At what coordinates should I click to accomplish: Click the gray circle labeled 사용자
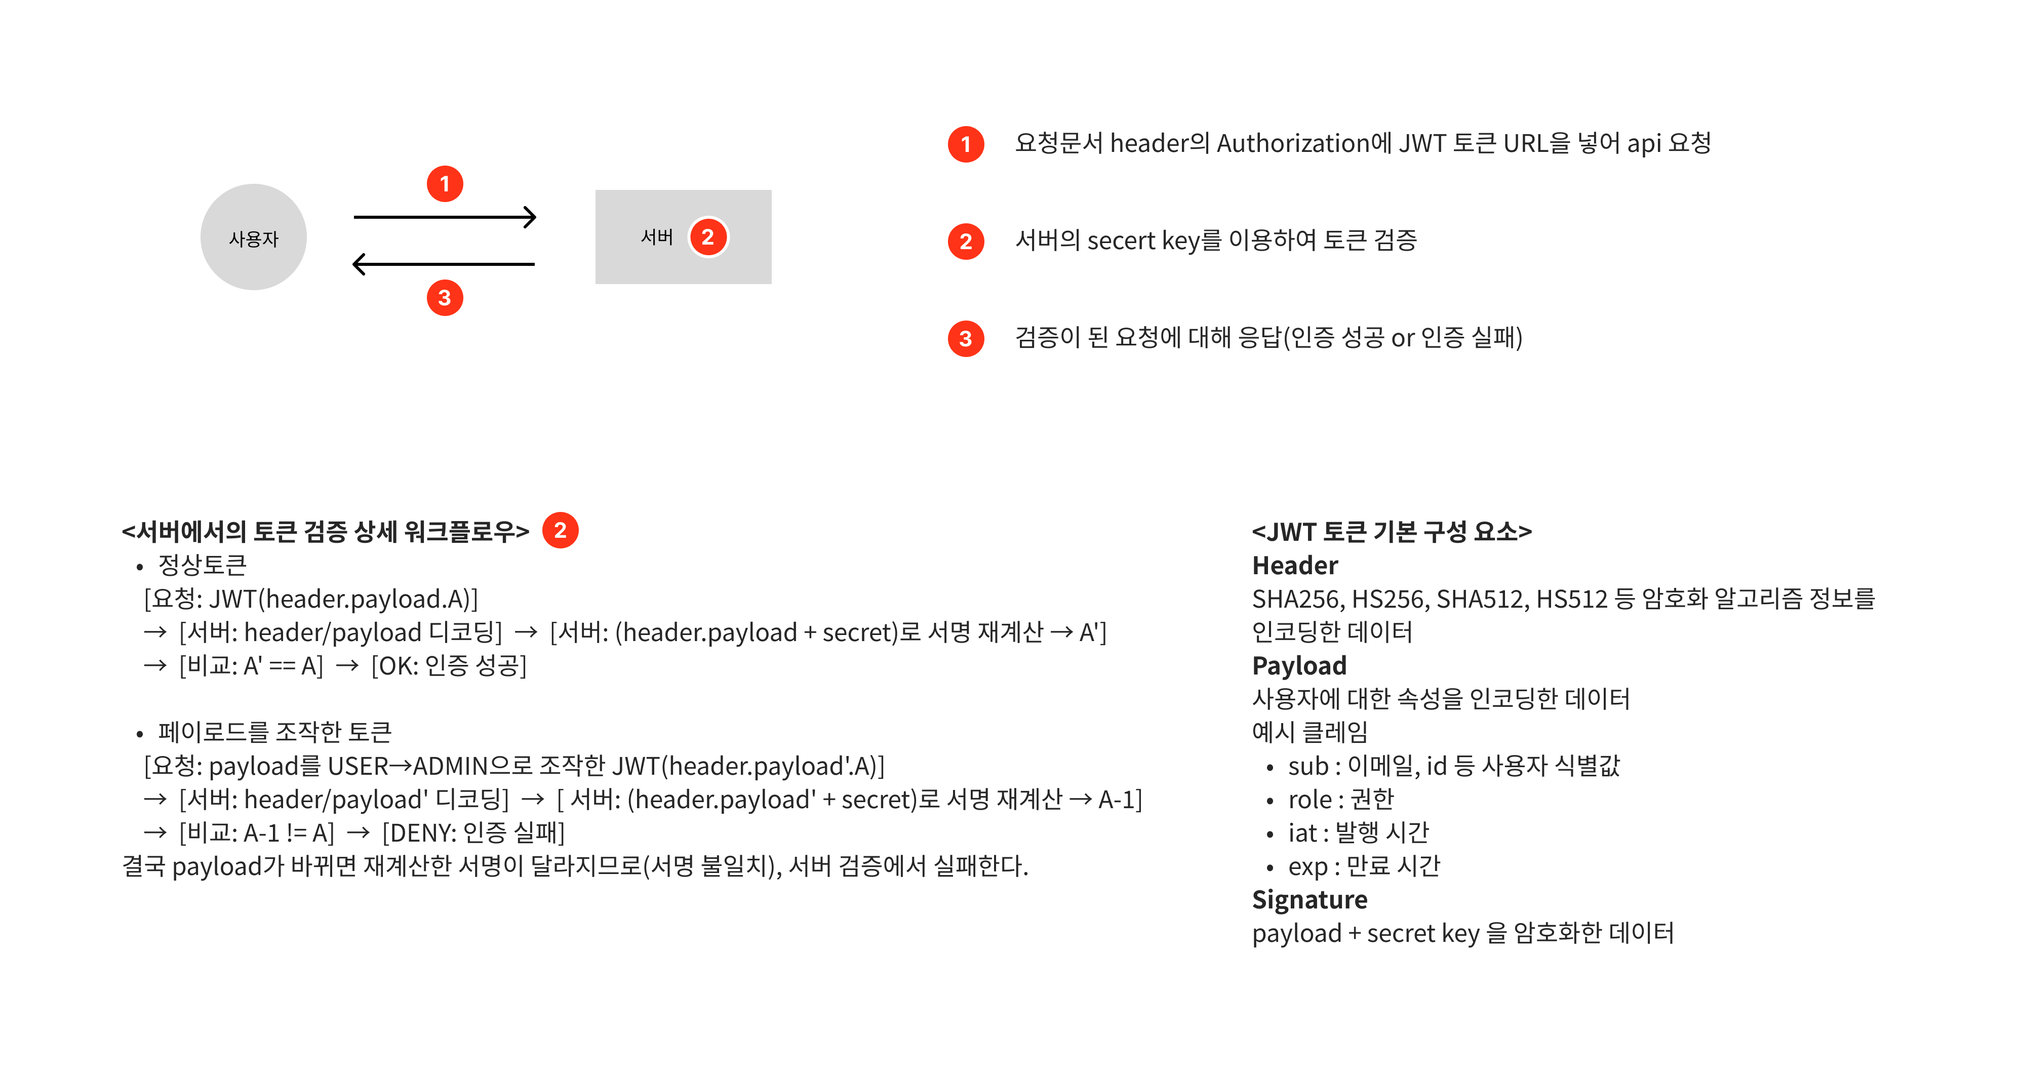click(254, 237)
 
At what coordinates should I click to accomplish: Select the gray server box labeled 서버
click(683, 236)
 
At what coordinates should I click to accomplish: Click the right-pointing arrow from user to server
click(445, 217)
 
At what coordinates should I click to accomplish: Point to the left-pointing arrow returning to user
click(444, 264)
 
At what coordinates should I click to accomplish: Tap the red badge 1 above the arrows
click(445, 184)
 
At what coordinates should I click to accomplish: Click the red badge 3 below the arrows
click(445, 298)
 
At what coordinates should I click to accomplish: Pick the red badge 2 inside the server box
click(708, 237)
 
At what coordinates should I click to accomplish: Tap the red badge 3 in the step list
click(966, 338)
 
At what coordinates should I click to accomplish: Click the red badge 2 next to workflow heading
click(561, 530)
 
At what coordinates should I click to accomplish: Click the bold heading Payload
click(1299, 666)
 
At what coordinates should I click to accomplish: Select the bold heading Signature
click(1310, 900)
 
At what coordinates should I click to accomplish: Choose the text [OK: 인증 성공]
click(449, 666)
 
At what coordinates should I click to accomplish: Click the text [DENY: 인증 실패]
click(473, 832)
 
